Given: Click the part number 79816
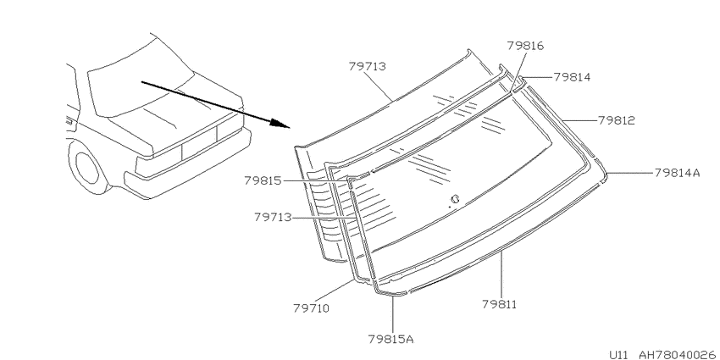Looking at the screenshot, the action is coord(525,46).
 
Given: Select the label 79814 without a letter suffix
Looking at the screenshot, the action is coord(572,77).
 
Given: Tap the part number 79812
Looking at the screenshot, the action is coord(617,120).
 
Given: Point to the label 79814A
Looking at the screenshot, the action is coord(678,173).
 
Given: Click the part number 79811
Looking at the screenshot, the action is coord(500,304).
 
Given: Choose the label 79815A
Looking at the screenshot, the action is coord(391,340).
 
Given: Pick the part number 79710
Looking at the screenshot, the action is coord(312,308).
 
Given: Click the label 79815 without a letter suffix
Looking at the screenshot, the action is coord(263,180).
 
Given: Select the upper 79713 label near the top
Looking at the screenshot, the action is coord(368,66).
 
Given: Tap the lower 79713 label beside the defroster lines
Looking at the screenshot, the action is coord(274,217).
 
